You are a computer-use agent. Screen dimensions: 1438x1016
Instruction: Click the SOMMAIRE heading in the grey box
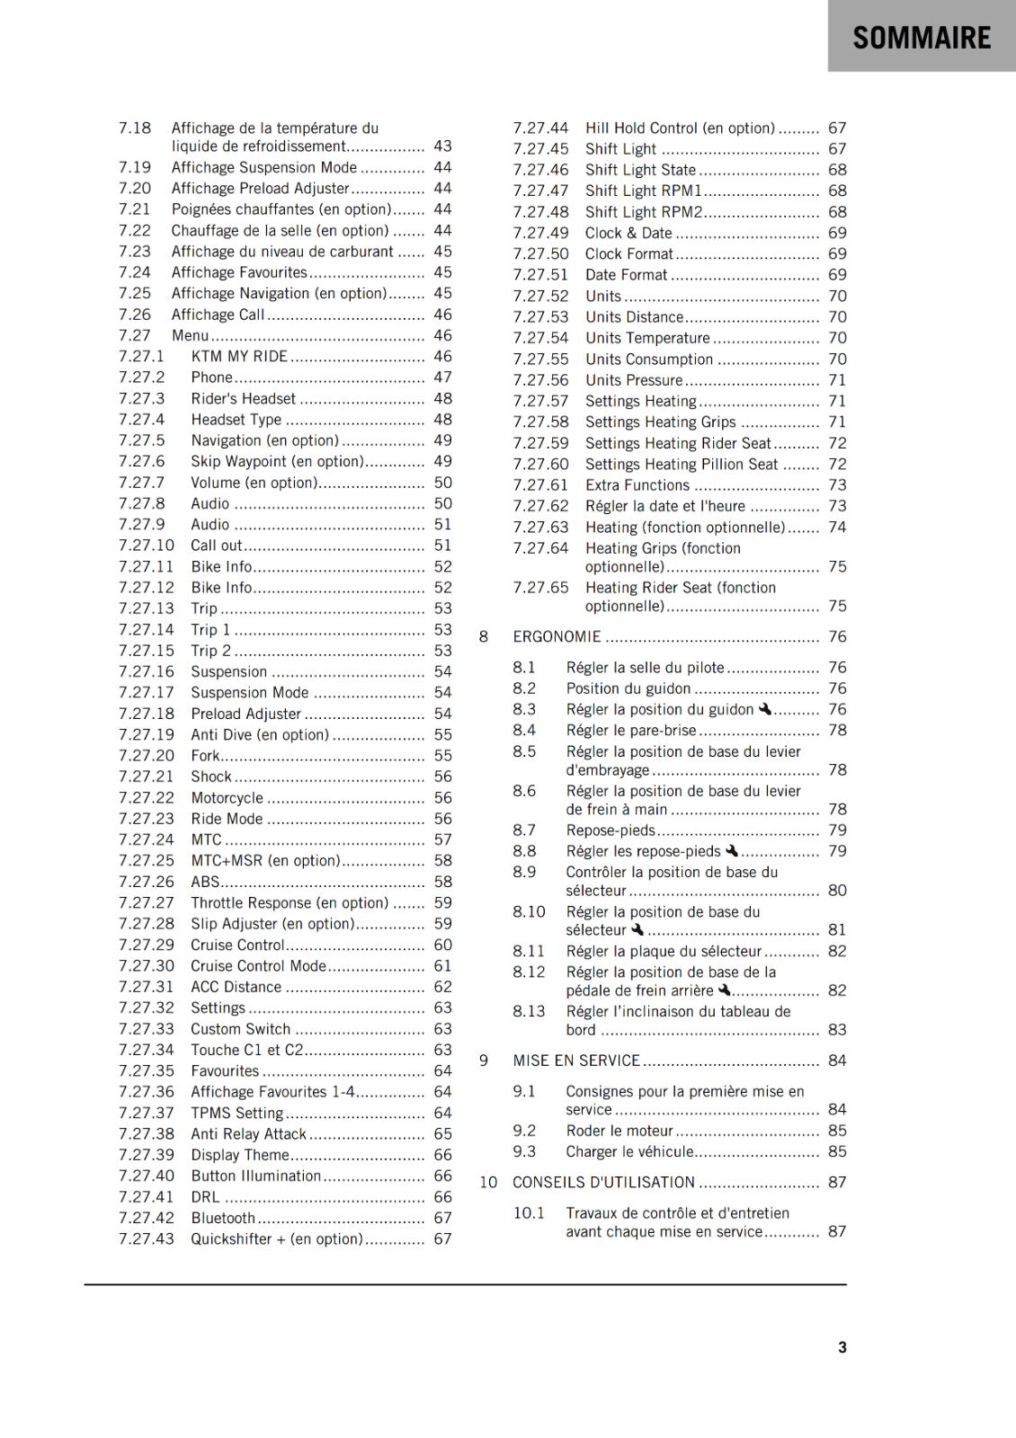[922, 38]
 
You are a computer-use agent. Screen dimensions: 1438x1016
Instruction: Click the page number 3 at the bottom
[842, 1347]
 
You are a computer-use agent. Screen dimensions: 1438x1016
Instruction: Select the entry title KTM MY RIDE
[239, 357]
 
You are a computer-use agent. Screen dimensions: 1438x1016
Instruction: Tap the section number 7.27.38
[147, 1134]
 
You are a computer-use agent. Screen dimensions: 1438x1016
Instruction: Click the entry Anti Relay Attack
[248, 1134]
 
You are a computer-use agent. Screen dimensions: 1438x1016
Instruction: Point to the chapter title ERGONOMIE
[557, 637]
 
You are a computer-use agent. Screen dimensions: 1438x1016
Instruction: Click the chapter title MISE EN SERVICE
[576, 1061]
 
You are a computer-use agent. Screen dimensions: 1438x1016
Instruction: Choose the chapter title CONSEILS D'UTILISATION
[603, 1183]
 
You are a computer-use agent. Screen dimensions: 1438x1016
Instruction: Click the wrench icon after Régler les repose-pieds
[731, 851]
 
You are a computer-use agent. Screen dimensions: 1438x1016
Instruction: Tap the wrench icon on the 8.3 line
[764, 709]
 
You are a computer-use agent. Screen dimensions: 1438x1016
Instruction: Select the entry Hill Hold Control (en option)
[680, 129]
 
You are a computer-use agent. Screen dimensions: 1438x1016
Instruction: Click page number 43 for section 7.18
[442, 146]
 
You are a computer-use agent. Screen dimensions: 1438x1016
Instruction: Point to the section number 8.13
[529, 1012]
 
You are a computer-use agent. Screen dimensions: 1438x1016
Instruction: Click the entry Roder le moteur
[619, 1132]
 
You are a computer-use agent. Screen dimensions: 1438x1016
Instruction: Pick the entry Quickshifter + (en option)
[277, 1239]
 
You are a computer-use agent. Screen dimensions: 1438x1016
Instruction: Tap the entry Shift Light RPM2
[644, 212]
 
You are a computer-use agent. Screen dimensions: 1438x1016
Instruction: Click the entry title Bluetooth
[223, 1219]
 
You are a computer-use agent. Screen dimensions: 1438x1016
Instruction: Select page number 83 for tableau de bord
[837, 1030]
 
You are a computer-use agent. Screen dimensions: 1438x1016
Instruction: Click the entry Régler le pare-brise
[631, 731]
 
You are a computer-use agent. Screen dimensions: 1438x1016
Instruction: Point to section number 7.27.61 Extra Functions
[540, 485]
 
